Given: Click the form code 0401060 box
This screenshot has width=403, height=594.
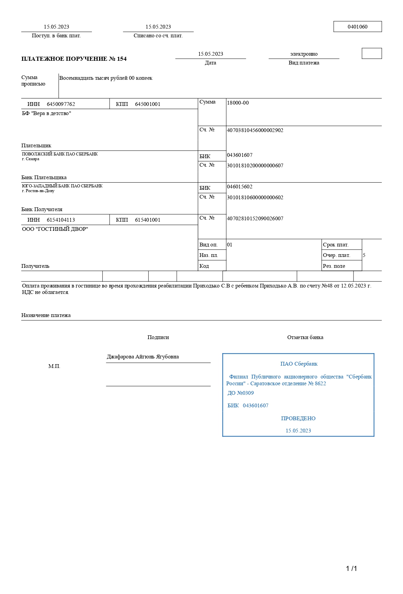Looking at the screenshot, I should pyautogui.click(x=358, y=27).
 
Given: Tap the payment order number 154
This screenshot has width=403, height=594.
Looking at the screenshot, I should pyautogui.click(x=121, y=59).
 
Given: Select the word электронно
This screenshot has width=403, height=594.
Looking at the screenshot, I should pyautogui.click(x=304, y=54).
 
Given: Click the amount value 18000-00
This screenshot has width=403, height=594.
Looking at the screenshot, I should pyautogui.click(x=238, y=103).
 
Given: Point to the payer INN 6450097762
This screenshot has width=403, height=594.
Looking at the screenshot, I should pyautogui.click(x=61, y=104).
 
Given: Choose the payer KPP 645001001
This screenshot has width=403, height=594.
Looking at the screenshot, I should pyautogui.click(x=148, y=104).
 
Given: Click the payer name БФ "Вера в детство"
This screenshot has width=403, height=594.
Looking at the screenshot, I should pyautogui.click(x=46, y=113).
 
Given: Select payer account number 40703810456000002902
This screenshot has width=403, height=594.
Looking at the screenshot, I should pyautogui.click(x=255, y=130).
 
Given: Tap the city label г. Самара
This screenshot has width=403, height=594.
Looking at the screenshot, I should pyautogui.click(x=31, y=159).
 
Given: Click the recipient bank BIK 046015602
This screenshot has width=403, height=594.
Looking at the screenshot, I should pyautogui.click(x=239, y=187).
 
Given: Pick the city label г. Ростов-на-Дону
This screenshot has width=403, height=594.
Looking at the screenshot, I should pyautogui.click(x=38, y=191).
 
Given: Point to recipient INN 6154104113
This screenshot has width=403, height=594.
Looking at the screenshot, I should pyautogui.click(x=61, y=220).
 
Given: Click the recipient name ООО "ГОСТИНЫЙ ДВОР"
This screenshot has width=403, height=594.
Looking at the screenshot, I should pyautogui.click(x=55, y=229).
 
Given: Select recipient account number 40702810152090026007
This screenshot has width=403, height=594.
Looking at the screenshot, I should pyautogui.click(x=255, y=219).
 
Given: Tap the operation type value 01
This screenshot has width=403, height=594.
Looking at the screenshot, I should pyautogui.click(x=230, y=245).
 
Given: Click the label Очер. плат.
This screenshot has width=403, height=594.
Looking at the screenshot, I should pyautogui.click(x=337, y=255).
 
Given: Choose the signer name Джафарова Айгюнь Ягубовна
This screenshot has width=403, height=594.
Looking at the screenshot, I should pyautogui.click(x=143, y=357).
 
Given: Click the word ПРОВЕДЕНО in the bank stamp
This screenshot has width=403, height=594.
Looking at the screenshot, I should pyautogui.click(x=298, y=419).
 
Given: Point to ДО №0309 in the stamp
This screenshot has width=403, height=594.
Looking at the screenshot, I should pyautogui.click(x=241, y=393).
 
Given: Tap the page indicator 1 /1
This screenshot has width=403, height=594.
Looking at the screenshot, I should pyautogui.click(x=351, y=569).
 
